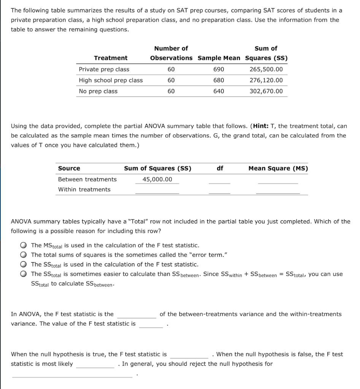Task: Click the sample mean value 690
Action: point(219,69)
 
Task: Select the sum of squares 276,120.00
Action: point(266,80)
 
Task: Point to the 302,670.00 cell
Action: point(266,91)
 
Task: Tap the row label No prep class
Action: point(98,91)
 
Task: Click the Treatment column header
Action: point(111,58)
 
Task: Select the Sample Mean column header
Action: point(219,58)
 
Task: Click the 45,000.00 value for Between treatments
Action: point(157,179)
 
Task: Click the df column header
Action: point(220,168)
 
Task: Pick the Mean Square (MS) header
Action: point(278,168)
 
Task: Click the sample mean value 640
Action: point(219,91)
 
